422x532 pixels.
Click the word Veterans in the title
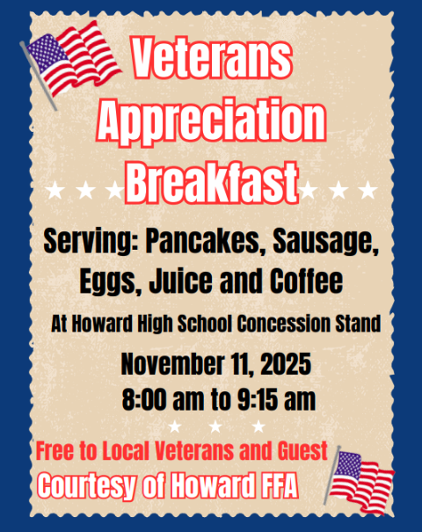point(210,59)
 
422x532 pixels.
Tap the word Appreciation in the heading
point(210,123)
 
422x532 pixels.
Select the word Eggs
point(105,284)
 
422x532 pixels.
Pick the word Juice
point(175,284)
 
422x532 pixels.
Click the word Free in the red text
point(55,453)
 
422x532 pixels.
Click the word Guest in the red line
point(302,453)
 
